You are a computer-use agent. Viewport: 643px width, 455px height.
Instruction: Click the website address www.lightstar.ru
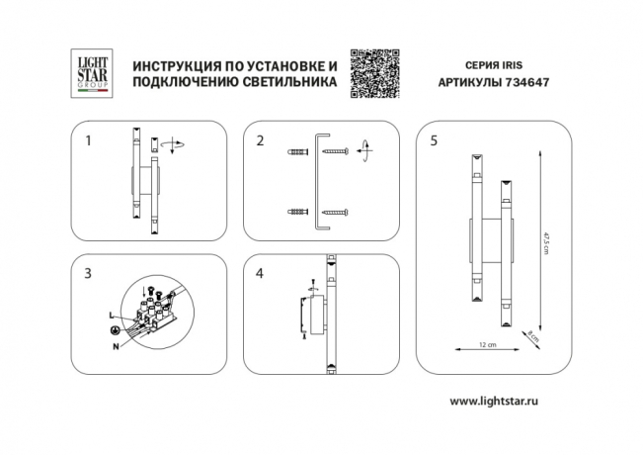point(500,401)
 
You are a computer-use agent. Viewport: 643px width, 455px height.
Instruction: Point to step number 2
point(260,141)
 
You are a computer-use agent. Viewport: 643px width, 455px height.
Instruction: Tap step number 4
point(260,272)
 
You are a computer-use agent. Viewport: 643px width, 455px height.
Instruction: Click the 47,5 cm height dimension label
point(544,241)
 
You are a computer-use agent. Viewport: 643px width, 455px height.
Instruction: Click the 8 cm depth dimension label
point(532,334)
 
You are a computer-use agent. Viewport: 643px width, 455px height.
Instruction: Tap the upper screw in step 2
point(334,151)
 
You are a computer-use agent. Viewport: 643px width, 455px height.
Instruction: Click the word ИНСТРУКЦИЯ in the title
point(173,65)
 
